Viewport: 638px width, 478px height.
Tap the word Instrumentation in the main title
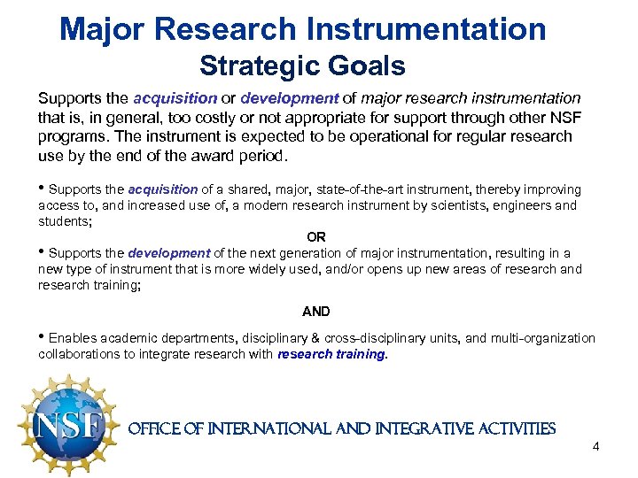pos(424,29)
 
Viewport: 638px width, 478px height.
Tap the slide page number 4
pos(595,446)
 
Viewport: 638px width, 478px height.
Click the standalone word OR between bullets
pos(315,237)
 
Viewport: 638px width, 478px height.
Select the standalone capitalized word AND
pos(315,312)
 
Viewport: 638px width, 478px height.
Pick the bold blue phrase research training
pos(331,354)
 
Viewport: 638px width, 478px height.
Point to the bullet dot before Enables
pos(42,338)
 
